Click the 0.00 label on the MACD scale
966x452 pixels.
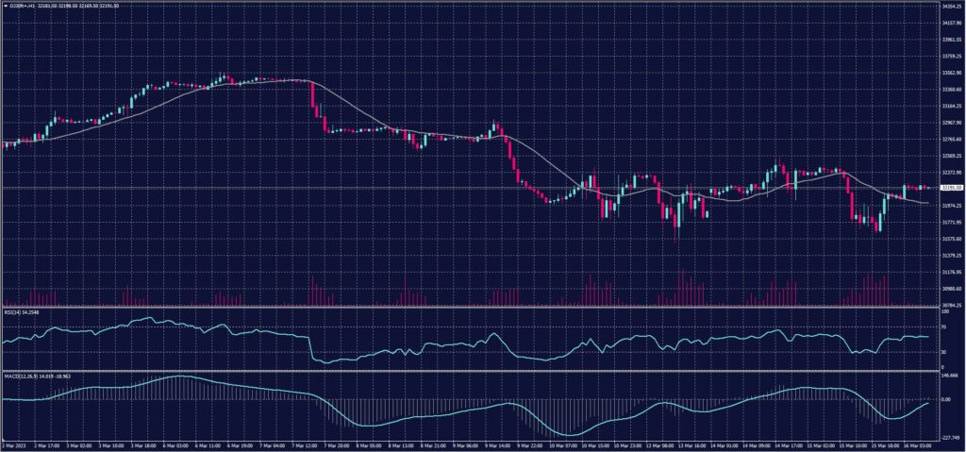tap(946, 398)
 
